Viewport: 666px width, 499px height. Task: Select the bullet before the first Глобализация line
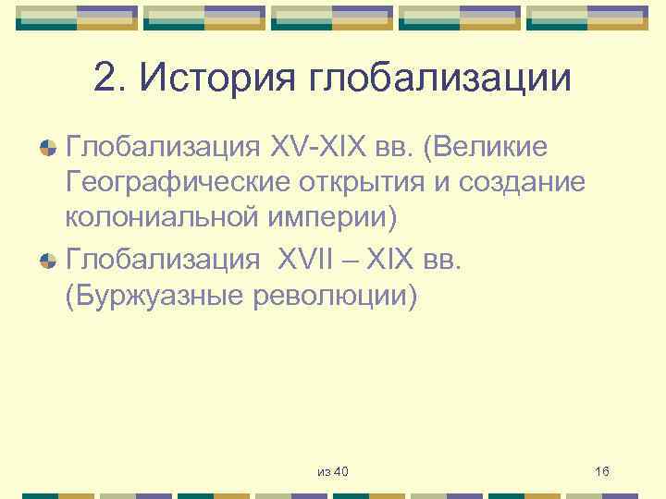pyautogui.click(x=45, y=147)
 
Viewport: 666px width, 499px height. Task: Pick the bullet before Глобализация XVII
pyautogui.click(x=45, y=261)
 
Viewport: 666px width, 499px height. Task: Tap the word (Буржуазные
pyautogui.click(x=149, y=298)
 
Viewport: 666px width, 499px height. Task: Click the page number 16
pyautogui.click(x=602, y=472)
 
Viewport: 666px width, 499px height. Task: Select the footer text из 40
pyautogui.click(x=332, y=472)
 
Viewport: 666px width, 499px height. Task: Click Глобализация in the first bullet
pyautogui.click(x=163, y=146)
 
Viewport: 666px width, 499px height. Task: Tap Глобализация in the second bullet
pyautogui.click(x=163, y=260)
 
